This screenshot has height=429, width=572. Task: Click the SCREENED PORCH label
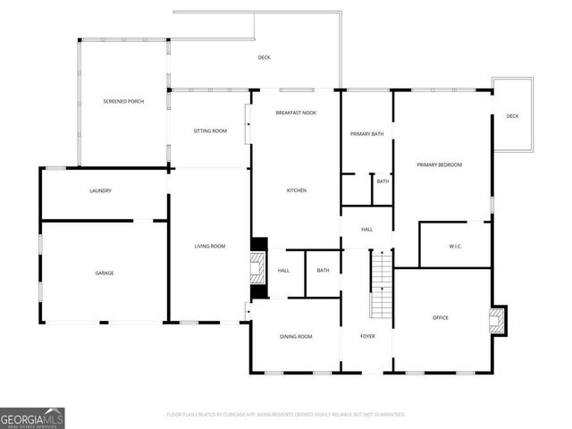123,102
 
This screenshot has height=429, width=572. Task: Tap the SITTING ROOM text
210,131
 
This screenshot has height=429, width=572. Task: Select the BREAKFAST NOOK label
296,113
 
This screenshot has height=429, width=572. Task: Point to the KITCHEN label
297,191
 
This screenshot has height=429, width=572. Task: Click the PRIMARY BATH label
366,134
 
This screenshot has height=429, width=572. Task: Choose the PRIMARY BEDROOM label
441,164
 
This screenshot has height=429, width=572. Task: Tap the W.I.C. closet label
454,247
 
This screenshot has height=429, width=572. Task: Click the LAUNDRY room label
100,191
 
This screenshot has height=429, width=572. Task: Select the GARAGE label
105,273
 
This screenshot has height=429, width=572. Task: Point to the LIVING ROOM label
210,246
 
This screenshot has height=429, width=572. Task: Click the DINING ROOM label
296,336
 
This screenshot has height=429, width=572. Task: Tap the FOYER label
367,336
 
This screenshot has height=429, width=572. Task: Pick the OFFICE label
441,317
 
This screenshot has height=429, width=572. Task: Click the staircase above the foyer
382,283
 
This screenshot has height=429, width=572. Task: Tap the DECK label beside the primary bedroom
512,116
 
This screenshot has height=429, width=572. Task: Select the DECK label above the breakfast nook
264,57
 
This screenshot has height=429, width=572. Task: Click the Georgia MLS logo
32,417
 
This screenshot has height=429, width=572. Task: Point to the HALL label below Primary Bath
366,230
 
